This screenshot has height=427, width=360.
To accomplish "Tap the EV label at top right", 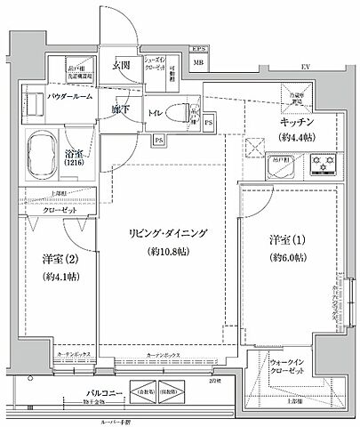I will (x=305, y=65).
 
